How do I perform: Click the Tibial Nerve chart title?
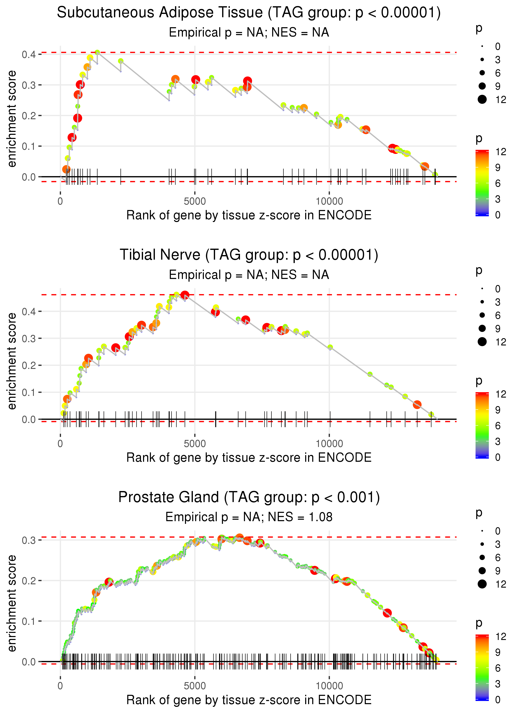pos(249,255)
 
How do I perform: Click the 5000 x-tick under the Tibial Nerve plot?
pos(195,444)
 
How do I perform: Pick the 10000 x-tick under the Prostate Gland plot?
pos(329,686)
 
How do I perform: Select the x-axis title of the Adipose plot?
pos(249,215)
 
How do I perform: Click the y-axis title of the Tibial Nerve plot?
pos(12,361)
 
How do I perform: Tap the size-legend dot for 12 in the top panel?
pos(482,99)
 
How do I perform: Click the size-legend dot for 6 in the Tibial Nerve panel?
pos(482,315)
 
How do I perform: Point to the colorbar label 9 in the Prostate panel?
pos(498,652)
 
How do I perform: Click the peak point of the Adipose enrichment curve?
pos(98,52)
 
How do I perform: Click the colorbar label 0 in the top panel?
pos(498,215)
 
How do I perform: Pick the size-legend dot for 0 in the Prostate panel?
pos(482,531)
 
